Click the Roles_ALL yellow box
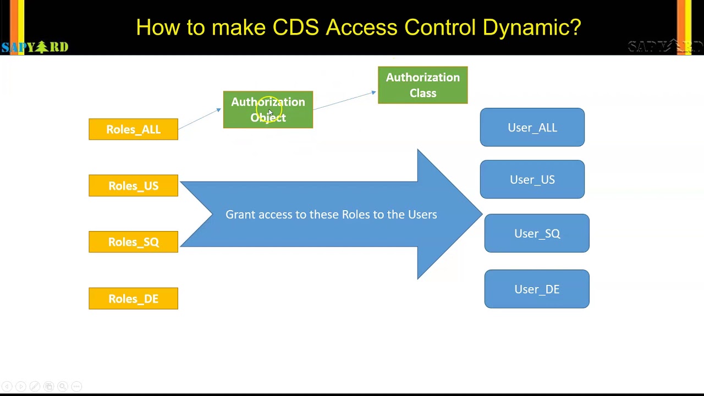tap(133, 129)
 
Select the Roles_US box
tap(133, 186)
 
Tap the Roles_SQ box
tap(133, 242)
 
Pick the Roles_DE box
tap(133, 299)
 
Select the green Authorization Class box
tap(422, 85)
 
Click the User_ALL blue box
tap(532, 128)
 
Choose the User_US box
tap(532, 180)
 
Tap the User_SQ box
tap(537, 234)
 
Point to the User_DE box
tap(537, 289)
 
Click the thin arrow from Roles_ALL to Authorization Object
tap(200, 119)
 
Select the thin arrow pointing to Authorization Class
tap(345, 101)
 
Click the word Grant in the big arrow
tap(240, 215)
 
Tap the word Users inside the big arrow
tap(422, 215)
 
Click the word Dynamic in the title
tap(531, 28)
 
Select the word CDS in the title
tap(295, 28)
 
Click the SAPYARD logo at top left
tap(35, 47)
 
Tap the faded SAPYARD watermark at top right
tap(664, 47)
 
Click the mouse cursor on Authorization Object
tap(269, 112)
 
